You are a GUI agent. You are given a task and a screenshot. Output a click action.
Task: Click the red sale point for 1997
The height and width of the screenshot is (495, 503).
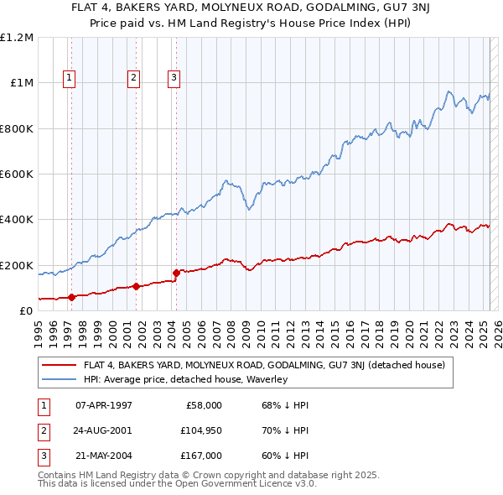tap(71, 296)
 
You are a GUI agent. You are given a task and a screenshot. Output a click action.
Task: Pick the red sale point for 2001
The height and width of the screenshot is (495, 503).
tap(136, 286)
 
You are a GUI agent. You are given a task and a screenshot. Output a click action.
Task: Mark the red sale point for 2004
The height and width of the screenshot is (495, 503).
tap(176, 273)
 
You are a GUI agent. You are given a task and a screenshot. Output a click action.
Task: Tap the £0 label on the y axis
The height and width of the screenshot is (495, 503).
tap(26, 311)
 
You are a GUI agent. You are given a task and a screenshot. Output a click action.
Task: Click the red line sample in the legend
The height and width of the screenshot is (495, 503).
tap(60, 365)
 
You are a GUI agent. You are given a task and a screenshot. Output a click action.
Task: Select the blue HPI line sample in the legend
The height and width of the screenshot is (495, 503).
tap(60, 379)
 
